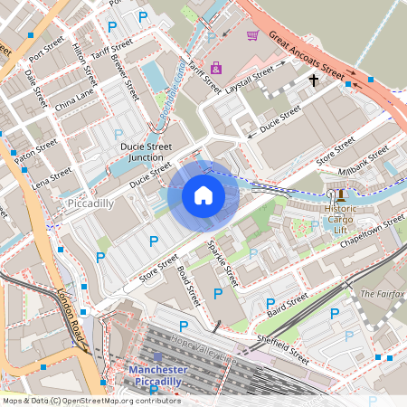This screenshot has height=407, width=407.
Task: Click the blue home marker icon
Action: (x=203, y=195)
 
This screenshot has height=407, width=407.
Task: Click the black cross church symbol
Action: (x=314, y=80)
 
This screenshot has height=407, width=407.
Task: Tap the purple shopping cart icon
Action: (x=252, y=35)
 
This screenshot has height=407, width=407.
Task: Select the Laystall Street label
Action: (x=250, y=79)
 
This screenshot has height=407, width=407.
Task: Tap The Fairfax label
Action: (x=380, y=294)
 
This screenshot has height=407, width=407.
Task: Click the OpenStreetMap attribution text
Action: (x=90, y=401)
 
